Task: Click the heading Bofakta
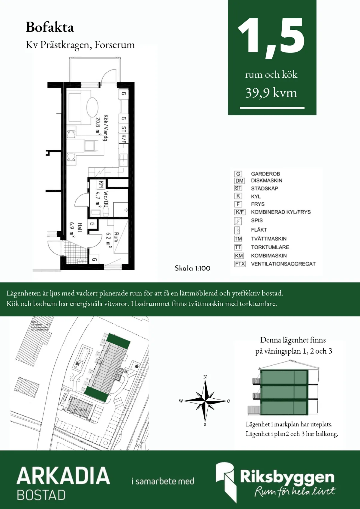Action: click(x=50, y=27)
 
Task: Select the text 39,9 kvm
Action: click(x=271, y=93)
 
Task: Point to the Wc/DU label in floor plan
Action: click(x=102, y=199)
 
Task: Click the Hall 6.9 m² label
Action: click(x=76, y=229)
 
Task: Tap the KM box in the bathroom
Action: click(x=101, y=184)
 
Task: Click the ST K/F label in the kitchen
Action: click(x=123, y=134)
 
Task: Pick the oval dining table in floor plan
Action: click(x=92, y=107)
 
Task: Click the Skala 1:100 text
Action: click(x=193, y=268)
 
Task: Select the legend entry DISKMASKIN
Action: click(x=266, y=181)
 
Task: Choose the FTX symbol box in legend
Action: click(x=240, y=264)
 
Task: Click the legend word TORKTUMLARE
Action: click(x=270, y=247)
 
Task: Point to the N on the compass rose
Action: click(x=205, y=377)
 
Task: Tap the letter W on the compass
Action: click(x=181, y=401)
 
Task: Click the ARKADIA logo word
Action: click(x=63, y=476)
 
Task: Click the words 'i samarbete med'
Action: click(x=163, y=481)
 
